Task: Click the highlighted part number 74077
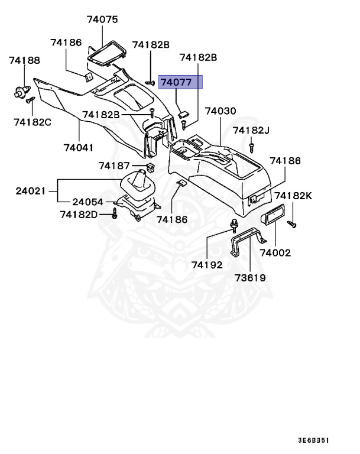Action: (177, 82)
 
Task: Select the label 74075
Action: (102, 19)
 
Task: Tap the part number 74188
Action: (24, 60)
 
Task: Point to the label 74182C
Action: (33, 122)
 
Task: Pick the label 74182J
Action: (251, 130)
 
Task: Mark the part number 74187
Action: (114, 166)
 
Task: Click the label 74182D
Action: (79, 214)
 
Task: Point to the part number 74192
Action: (207, 265)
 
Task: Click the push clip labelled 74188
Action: (22, 91)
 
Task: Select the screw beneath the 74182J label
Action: (252, 144)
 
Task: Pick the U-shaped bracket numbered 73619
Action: (248, 244)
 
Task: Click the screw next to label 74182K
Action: (291, 223)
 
